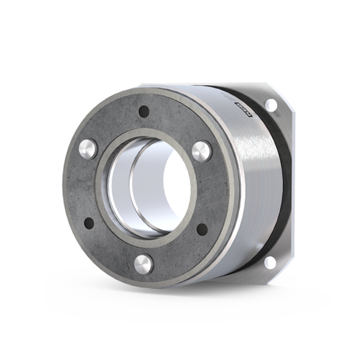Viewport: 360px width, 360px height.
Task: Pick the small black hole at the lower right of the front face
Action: click(202, 230)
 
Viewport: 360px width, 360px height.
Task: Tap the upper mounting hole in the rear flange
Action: click(271, 106)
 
